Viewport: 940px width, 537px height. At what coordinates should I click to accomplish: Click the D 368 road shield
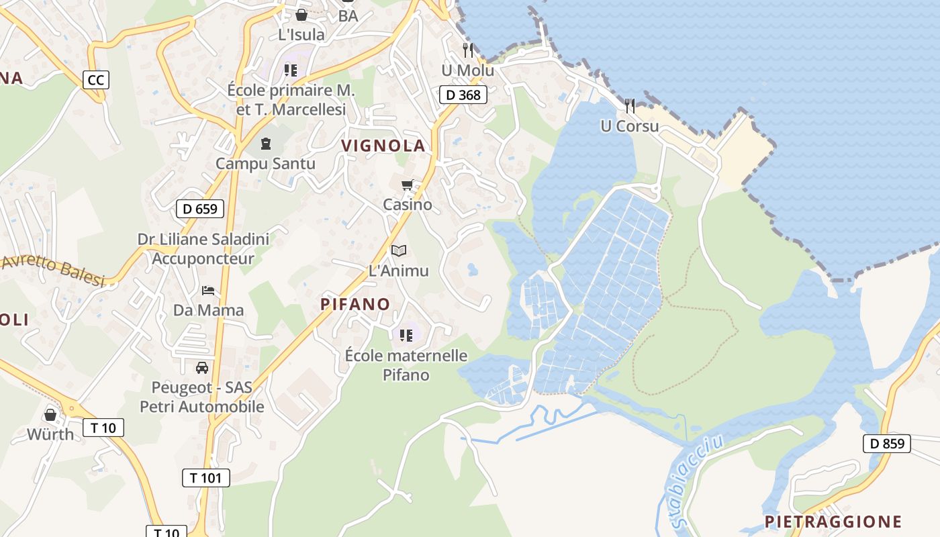[x=463, y=95]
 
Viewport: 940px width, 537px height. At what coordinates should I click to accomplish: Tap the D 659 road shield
[x=200, y=209]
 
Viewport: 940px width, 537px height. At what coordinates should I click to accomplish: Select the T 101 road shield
[x=206, y=478]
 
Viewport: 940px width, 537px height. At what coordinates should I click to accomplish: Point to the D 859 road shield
[x=887, y=443]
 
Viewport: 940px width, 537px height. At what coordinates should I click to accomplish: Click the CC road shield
[x=96, y=81]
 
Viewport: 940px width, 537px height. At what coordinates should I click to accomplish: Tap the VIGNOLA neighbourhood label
[x=383, y=146]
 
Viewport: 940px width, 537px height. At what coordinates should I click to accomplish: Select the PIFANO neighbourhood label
[x=355, y=304]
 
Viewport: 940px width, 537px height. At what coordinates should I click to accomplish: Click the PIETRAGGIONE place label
[x=833, y=522]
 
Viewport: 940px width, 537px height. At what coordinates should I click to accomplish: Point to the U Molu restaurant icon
[x=468, y=50]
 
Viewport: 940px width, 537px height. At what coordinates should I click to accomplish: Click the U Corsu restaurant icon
[x=630, y=105]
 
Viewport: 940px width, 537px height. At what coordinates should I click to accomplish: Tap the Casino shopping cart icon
[x=407, y=185]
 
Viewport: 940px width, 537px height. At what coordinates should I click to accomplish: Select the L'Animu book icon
[x=399, y=250]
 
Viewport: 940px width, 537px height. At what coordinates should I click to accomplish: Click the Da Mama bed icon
[x=209, y=290]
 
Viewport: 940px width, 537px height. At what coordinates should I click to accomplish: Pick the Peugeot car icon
[x=202, y=367]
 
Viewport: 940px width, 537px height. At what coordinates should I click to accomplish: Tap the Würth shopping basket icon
[x=50, y=414]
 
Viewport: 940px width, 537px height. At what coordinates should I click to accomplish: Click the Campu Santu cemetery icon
[x=266, y=143]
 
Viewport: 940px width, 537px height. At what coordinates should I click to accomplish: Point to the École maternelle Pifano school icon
[x=406, y=335]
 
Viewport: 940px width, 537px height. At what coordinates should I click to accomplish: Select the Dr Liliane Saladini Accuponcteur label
[x=203, y=248]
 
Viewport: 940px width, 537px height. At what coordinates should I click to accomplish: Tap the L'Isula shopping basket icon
[x=301, y=15]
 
